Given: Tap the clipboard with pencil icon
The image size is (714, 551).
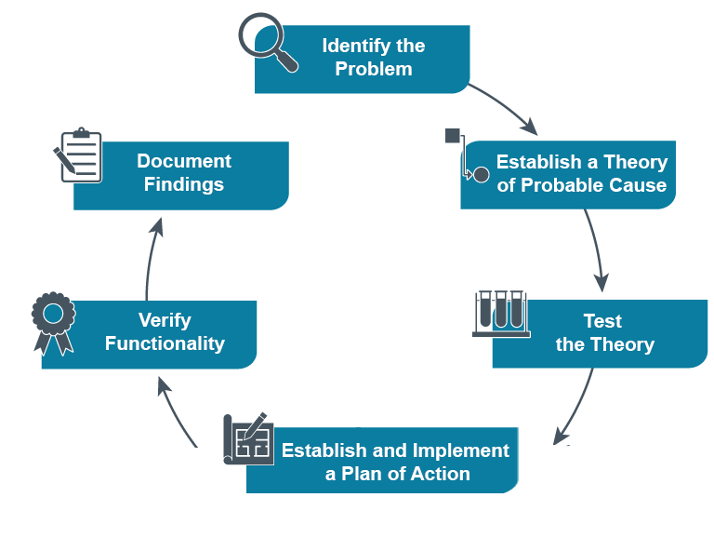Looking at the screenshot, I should coord(77,155).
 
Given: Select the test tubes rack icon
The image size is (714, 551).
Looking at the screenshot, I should coord(500,313).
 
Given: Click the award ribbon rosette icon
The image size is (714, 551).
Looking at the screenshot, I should coord(52,322).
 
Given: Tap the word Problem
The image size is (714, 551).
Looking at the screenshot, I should coord(373,69).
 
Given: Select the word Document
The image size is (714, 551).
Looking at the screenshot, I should coord(184,161).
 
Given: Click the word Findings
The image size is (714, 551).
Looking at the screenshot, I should coord(184,184).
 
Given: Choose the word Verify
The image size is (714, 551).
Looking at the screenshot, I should coord(165,320).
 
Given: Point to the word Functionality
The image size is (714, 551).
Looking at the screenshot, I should coord(165,343).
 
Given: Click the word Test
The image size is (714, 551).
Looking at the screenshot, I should coord(602,321).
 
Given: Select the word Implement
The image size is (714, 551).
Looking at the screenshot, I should coord(456,450).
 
